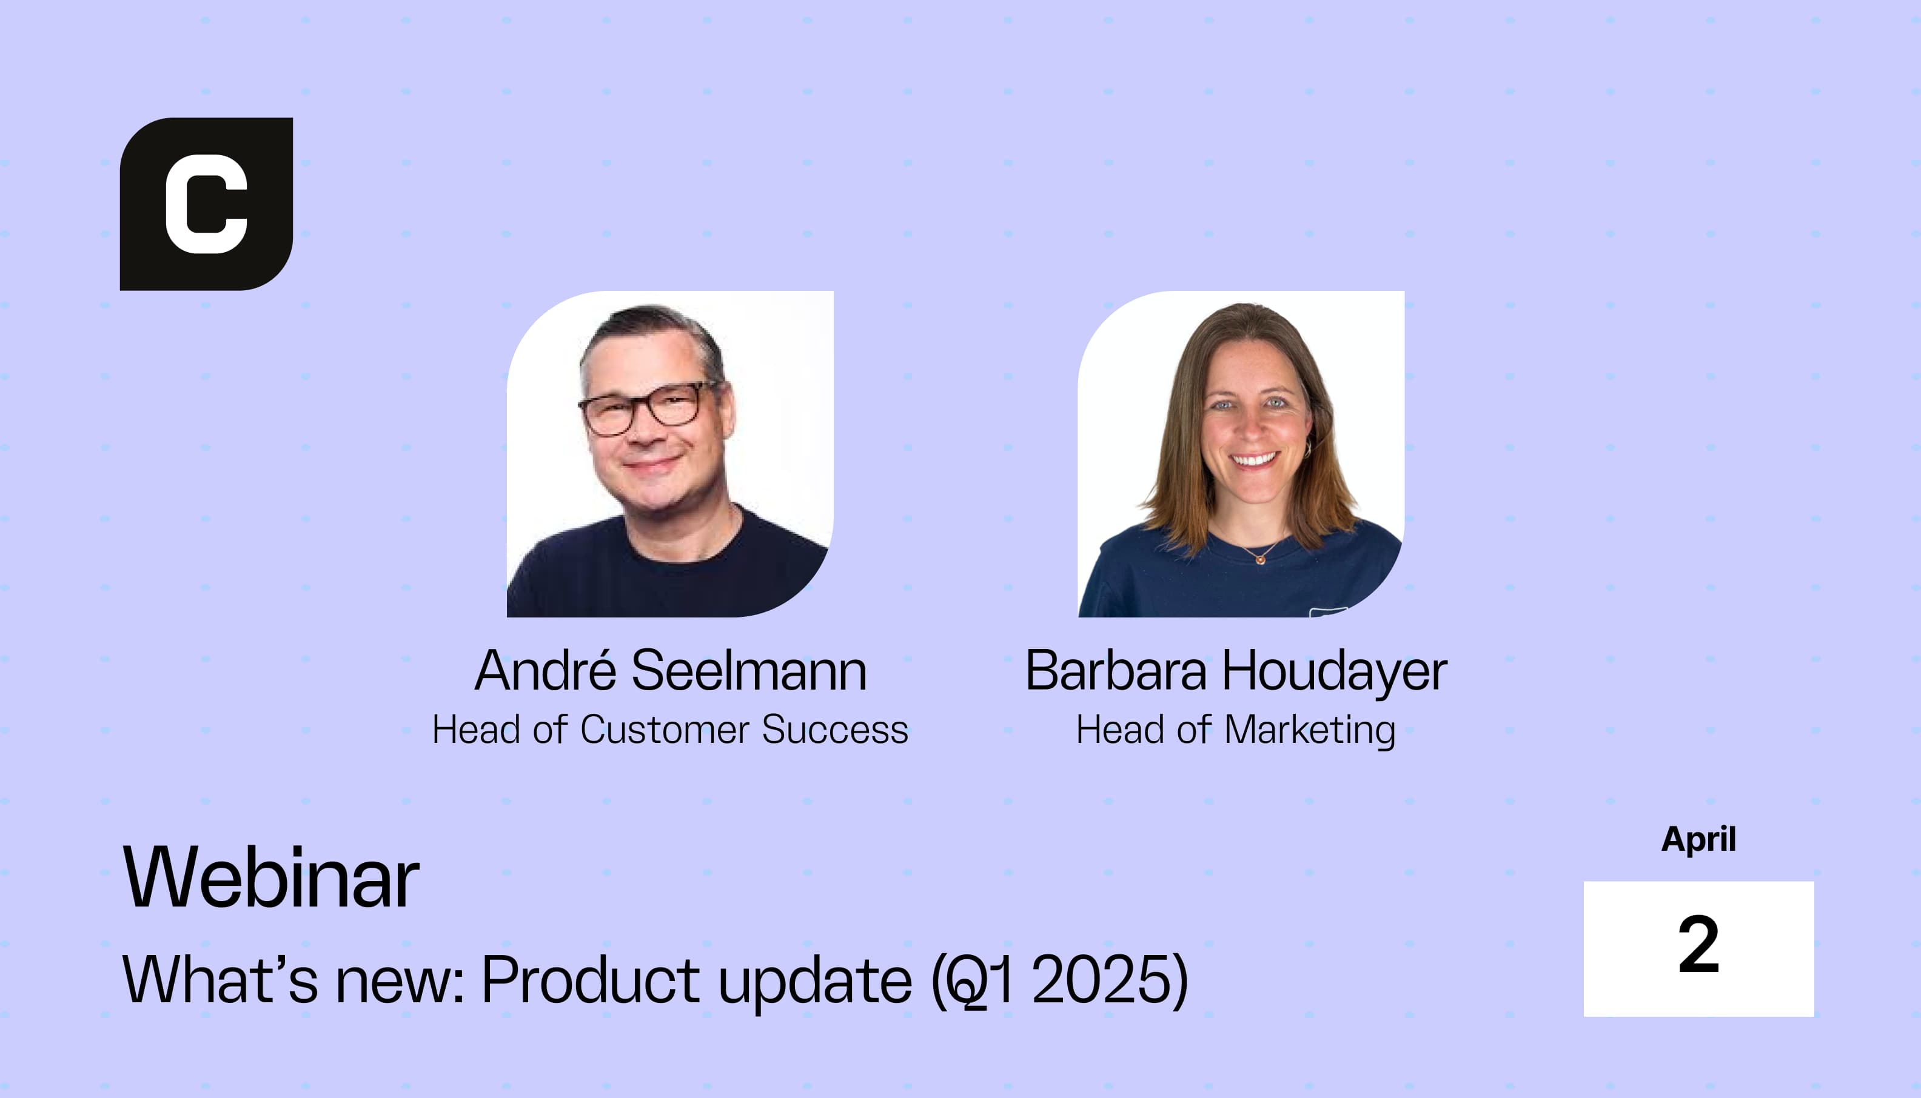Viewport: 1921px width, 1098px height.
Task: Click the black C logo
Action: pos(206,204)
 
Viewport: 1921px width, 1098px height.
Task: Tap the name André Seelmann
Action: pos(671,670)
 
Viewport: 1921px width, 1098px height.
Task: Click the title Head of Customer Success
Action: pos(670,730)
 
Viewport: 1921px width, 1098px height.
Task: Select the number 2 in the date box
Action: pos(1698,944)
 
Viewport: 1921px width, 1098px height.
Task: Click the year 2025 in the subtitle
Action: pos(1102,980)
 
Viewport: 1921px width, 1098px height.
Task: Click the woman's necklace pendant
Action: pos(1259,559)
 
